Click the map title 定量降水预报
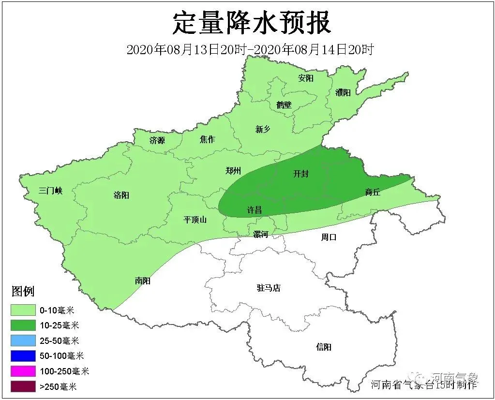[x=252, y=23]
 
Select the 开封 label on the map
[x=301, y=174]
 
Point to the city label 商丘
[x=373, y=193]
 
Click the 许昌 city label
[x=255, y=210]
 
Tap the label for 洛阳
[x=121, y=195]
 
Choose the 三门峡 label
[x=51, y=191]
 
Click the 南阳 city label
[x=143, y=280]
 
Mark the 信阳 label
[x=324, y=347]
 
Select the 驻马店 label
[x=269, y=288]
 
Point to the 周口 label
[x=329, y=237]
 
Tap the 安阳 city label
[x=306, y=78]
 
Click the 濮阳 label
[x=343, y=92]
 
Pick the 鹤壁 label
[x=284, y=104]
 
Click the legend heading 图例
[x=23, y=291]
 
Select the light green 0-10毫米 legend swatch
[x=23, y=310]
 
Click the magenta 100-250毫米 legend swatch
[x=23, y=371]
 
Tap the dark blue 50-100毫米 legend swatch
[x=23, y=356]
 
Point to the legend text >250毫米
[x=58, y=386]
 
